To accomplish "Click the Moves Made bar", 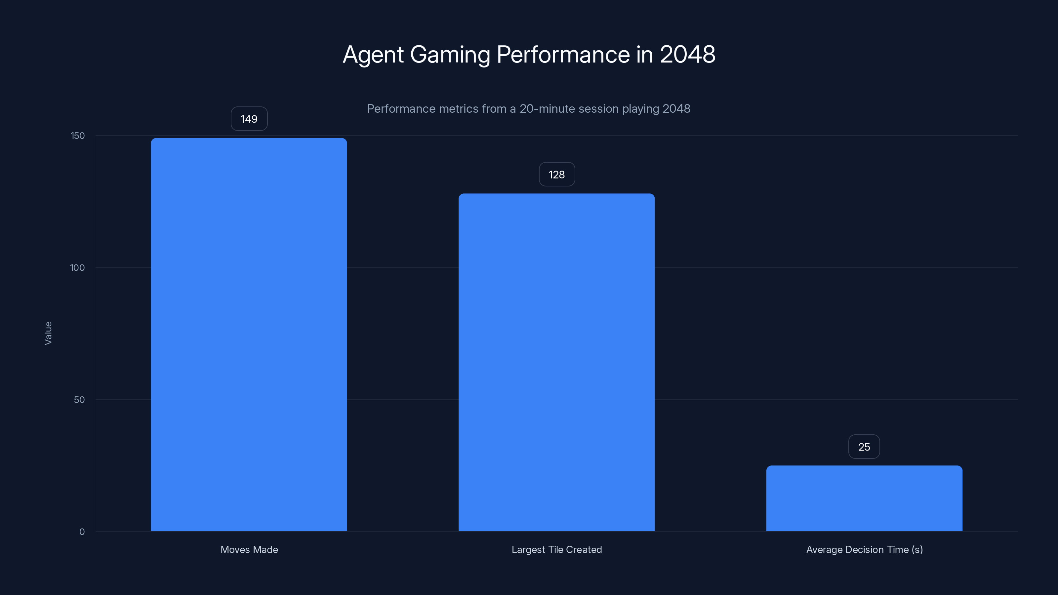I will pyautogui.click(x=249, y=335).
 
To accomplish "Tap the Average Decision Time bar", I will pyautogui.click(x=864, y=498).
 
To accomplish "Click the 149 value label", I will pyautogui.click(x=249, y=119).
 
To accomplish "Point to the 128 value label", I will pyautogui.click(x=556, y=175).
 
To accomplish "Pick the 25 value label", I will pyautogui.click(x=864, y=447).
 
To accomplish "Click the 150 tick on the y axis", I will pyautogui.click(x=77, y=136).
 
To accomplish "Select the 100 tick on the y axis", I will pyautogui.click(x=77, y=268).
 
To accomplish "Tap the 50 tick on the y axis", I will pyautogui.click(x=79, y=400).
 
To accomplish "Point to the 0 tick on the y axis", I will pyautogui.click(x=82, y=532).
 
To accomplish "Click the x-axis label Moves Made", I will pyautogui.click(x=249, y=549).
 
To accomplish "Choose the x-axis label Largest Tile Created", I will pyautogui.click(x=556, y=549).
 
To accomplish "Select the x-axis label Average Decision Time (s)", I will pyautogui.click(x=864, y=549).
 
